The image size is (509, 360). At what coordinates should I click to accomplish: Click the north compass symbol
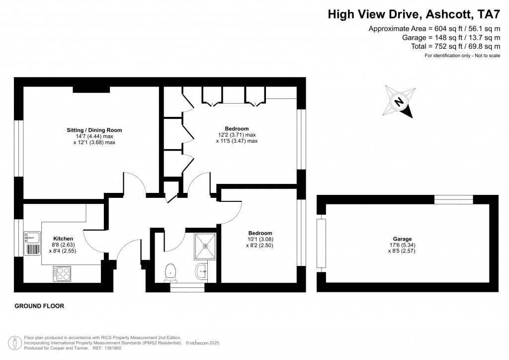400,102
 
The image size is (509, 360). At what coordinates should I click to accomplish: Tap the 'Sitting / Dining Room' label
94,130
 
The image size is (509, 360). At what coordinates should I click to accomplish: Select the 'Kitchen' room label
63,239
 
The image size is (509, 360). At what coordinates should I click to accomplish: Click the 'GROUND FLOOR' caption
39,306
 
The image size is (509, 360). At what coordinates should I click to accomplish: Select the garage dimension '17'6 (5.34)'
402,245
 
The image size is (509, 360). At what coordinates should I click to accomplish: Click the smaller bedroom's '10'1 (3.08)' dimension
260,240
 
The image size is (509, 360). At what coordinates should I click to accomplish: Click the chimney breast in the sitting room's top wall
91,90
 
